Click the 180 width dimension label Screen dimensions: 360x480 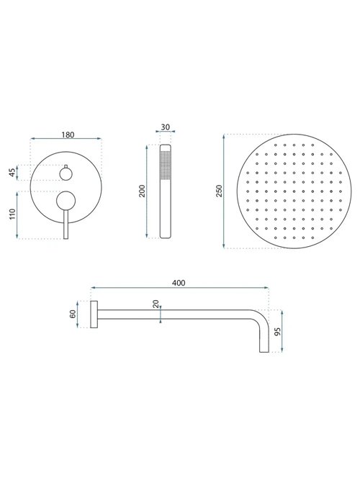point(68,135)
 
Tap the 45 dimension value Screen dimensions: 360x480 point(12,173)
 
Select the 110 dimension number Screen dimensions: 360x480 point(12,214)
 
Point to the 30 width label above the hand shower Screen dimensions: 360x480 point(165,127)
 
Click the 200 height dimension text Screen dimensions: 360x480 point(142,191)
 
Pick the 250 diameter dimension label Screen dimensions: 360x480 point(219,191)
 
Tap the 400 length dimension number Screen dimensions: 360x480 point(179,283)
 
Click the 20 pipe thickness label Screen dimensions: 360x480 point(156,304)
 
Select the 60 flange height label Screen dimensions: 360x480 point(73,314)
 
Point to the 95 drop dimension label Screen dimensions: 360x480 point(278,332)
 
